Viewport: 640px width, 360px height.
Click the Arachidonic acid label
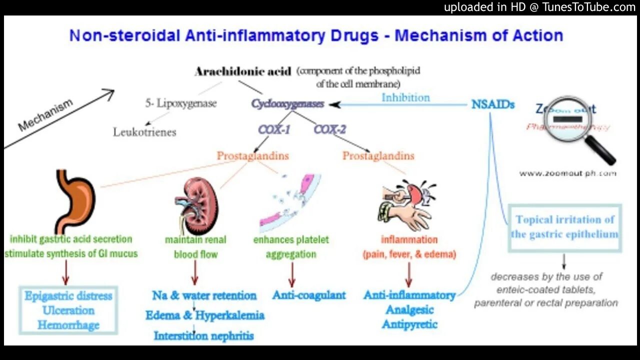click(242, 71)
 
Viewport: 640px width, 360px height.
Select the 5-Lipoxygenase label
click(181, 103)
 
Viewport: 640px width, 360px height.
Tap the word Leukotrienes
click(144, 132)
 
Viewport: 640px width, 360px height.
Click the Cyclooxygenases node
click(287, 104)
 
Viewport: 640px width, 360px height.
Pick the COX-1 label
click(274, 129)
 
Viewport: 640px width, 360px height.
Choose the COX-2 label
click(329, 129)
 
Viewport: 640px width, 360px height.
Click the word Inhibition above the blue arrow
click(405, 97)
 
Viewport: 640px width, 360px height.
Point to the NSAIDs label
click(492, 105)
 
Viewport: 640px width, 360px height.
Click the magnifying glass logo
click(575, 127)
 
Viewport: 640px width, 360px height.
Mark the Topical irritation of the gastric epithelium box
click(564, 227)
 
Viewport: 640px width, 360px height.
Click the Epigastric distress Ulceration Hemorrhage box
click(68, 310)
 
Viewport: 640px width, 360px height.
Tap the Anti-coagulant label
click(309, 295)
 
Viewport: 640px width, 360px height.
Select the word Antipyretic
click(409, 324)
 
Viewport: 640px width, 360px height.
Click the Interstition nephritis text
click(203, 335)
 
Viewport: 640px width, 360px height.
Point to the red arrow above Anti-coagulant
click(291, 274)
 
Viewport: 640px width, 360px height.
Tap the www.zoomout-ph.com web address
click(567, 173)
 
